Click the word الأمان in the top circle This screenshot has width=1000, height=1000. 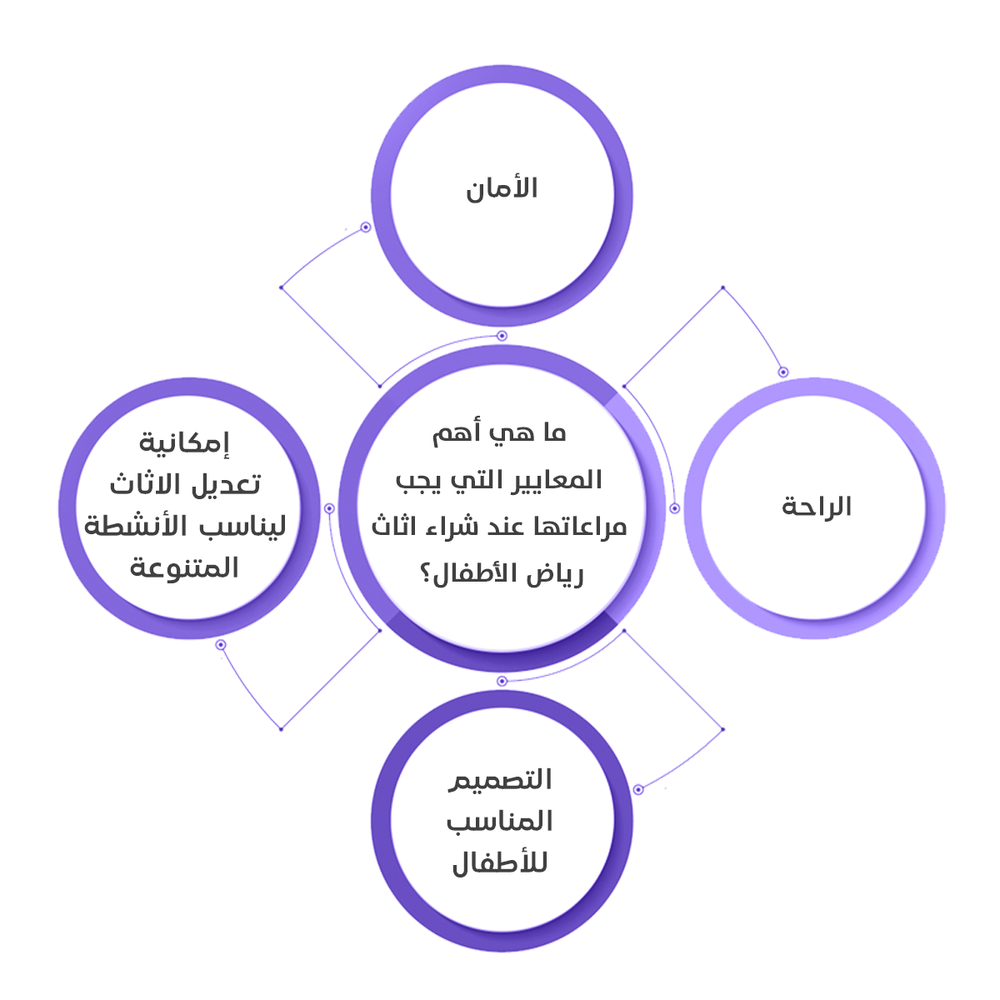pyautogui.click(x=502, y=187)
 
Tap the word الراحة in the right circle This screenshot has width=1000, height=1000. pyautogui.click(x=817, y=506)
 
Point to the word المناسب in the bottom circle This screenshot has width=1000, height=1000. pyautogui.click(x=500, y=822)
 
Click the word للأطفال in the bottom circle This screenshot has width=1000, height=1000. pyautogui.click(x=499, y=863)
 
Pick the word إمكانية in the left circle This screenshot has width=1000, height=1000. pyautogui.click(x=184, y=442)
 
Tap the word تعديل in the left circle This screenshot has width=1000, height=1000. pyautogui.click(x=226, y=483)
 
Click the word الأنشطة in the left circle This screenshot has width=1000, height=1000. pyautogui.click(x=133, y=527)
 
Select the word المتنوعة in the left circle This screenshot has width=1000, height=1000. pyautogui.click(x=184, y=568)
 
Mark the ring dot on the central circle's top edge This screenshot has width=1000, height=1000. pyautogui.click(x=502, y=336)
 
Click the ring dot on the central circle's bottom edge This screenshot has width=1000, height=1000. pyautogui.click(x=502, y=681)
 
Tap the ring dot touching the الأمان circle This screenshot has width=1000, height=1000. pyautogui.click(x=365, y=227)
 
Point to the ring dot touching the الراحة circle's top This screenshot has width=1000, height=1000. pyautogui.click(x=782, y=372)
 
